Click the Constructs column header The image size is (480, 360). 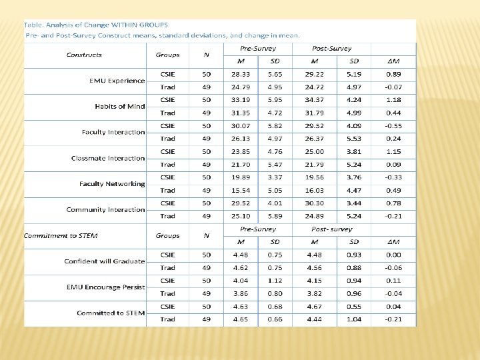(84, 55)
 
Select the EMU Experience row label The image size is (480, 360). (117, 81)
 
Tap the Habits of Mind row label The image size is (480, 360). (119, 107)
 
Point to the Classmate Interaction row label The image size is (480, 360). (108, 158)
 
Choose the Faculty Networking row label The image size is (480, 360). (112, 184)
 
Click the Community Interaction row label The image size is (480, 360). (105, 209)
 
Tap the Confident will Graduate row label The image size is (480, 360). (105, 261)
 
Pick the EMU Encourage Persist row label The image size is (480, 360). (105, 287)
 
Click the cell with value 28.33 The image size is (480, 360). (241, 74)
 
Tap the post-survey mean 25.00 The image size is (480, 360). (314, 151)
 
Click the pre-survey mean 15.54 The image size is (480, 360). (241, 190)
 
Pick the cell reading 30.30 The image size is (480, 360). (314, 203)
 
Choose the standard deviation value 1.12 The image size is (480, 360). (275, 281)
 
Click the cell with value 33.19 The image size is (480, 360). (241, 100)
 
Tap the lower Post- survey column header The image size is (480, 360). (332, 229)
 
